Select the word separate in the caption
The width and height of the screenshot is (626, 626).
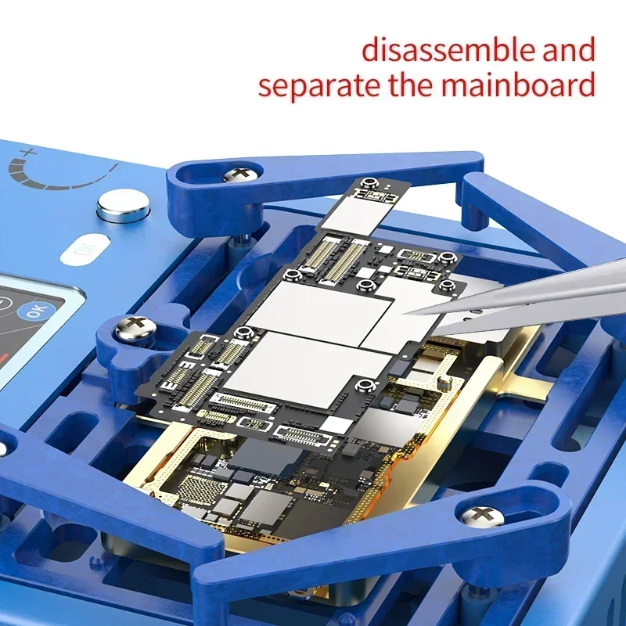pyautogui.click(x=320, y=85)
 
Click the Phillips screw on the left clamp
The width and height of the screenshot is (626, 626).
pyautogui.click(x=134, y=327)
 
